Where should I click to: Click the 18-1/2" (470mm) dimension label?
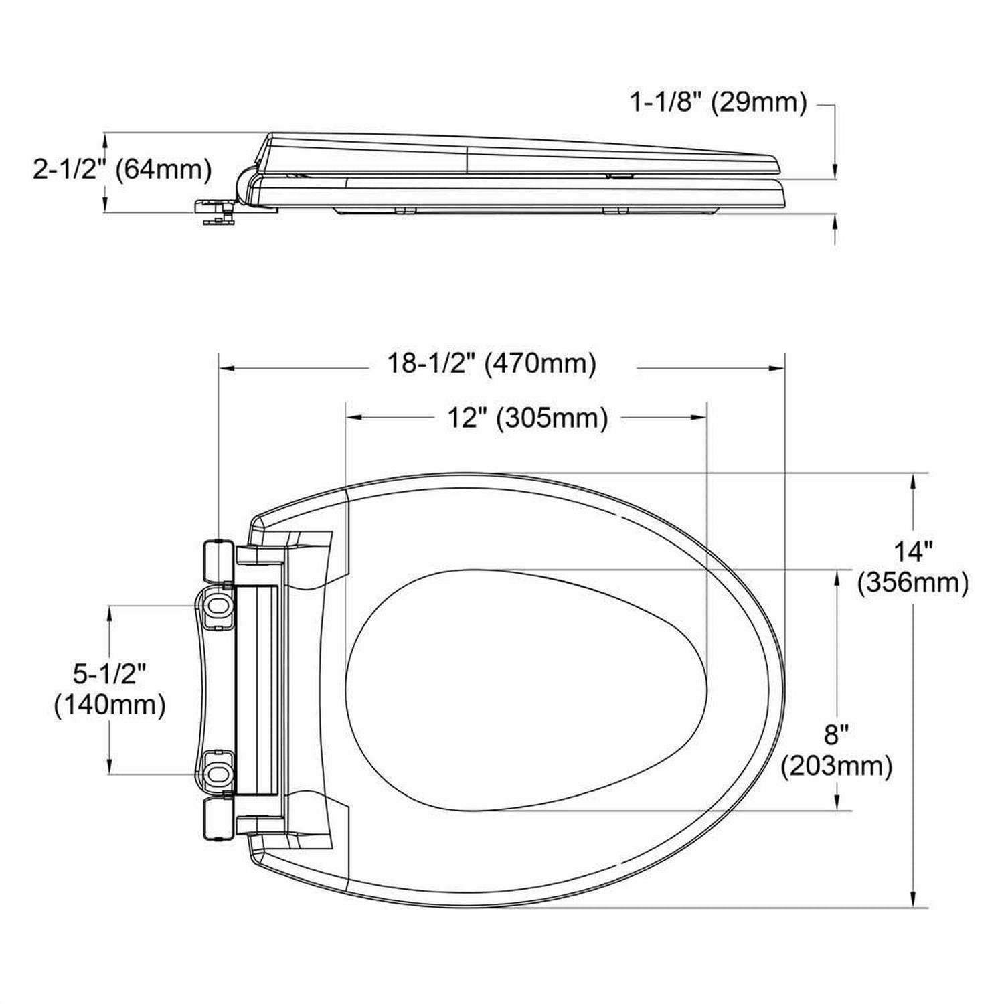(x=491, y=365)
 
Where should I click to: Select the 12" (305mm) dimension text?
(x=527, y=418)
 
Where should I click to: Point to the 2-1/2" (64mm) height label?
(x=122, y=169)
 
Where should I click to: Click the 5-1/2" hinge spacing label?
(x=109, y=674)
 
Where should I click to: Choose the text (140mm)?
(x=110, y=705)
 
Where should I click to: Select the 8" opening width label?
(x=837, y=735)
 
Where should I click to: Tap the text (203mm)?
(x=837, y=766)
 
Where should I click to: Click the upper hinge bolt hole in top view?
(x=218, y=606)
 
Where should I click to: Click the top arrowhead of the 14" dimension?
(x=914, y=481)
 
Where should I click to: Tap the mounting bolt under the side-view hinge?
(x=216, y=212)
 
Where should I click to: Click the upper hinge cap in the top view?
(x=217, y=560)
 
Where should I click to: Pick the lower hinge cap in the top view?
(x=217, y=818)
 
